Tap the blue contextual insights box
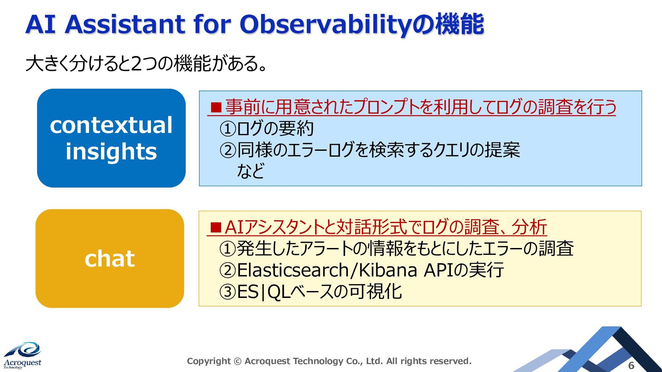click(111, 138)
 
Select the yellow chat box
click(110, 258)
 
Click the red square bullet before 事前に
click(216, 107)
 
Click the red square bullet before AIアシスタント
click(216, 227)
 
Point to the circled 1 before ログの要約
click(228, 129)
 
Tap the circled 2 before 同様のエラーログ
click(228, 150)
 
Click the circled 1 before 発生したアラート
click(228, 249)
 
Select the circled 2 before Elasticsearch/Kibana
click(228, 270)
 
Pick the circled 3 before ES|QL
click(228, 292)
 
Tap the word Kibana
click(388, 270)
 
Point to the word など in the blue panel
click(251, 171)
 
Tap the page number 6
click(631, 365)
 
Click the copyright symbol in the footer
click(238, 361)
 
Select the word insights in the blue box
click(111, 152)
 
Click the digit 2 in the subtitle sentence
click(136, 63)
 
